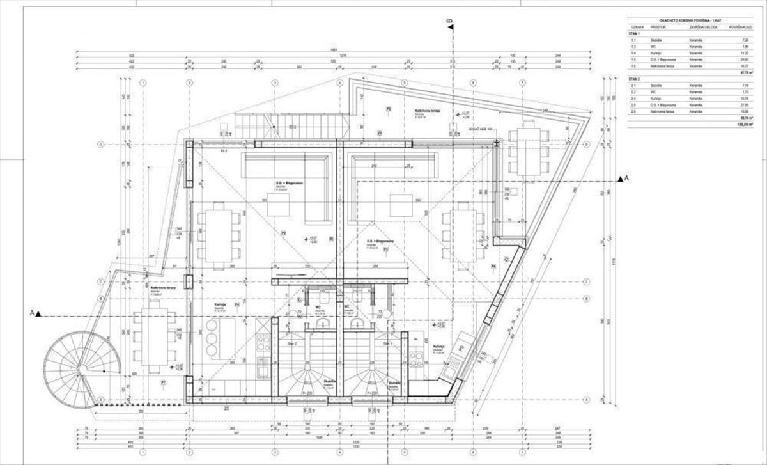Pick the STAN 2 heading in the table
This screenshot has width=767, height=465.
[634, 77]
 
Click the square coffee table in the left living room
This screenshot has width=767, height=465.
[278, 205]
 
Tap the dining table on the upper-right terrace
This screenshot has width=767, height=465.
[529, 146]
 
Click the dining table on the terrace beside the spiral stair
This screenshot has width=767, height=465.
[154, 336]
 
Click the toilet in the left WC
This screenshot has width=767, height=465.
[323, 298]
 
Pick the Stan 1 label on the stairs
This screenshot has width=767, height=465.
[386, 344]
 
